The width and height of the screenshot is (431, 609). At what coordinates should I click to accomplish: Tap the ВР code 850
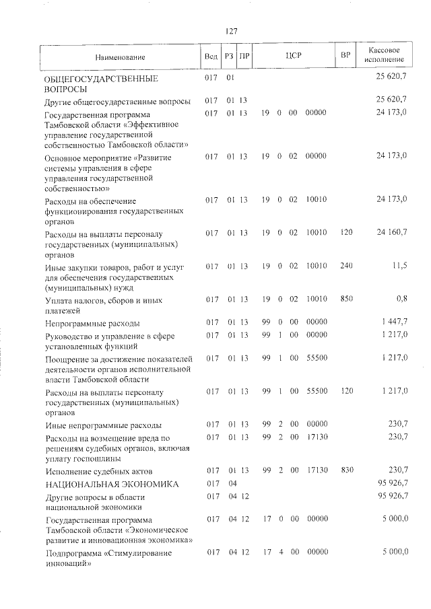(346, 299)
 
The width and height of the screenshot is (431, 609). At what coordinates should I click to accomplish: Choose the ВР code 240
(346, 266)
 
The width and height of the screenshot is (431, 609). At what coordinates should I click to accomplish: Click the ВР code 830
(346, 470)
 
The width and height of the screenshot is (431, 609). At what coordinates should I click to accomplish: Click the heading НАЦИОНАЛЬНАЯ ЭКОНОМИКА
(111, 484)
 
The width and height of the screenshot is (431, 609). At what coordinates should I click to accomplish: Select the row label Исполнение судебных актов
(99, 470)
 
